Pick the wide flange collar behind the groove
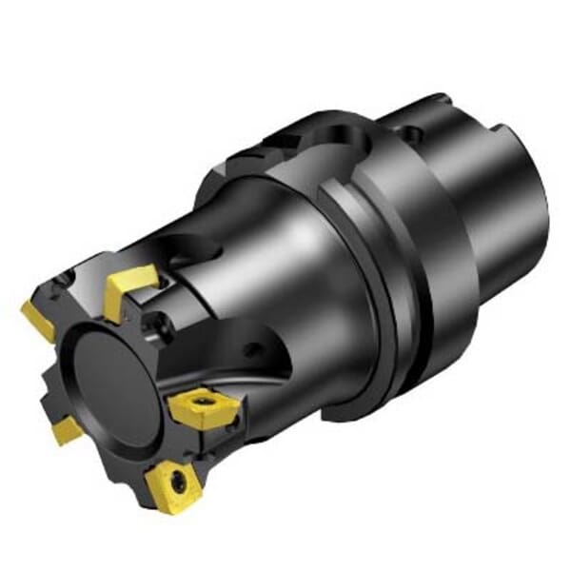419,285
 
